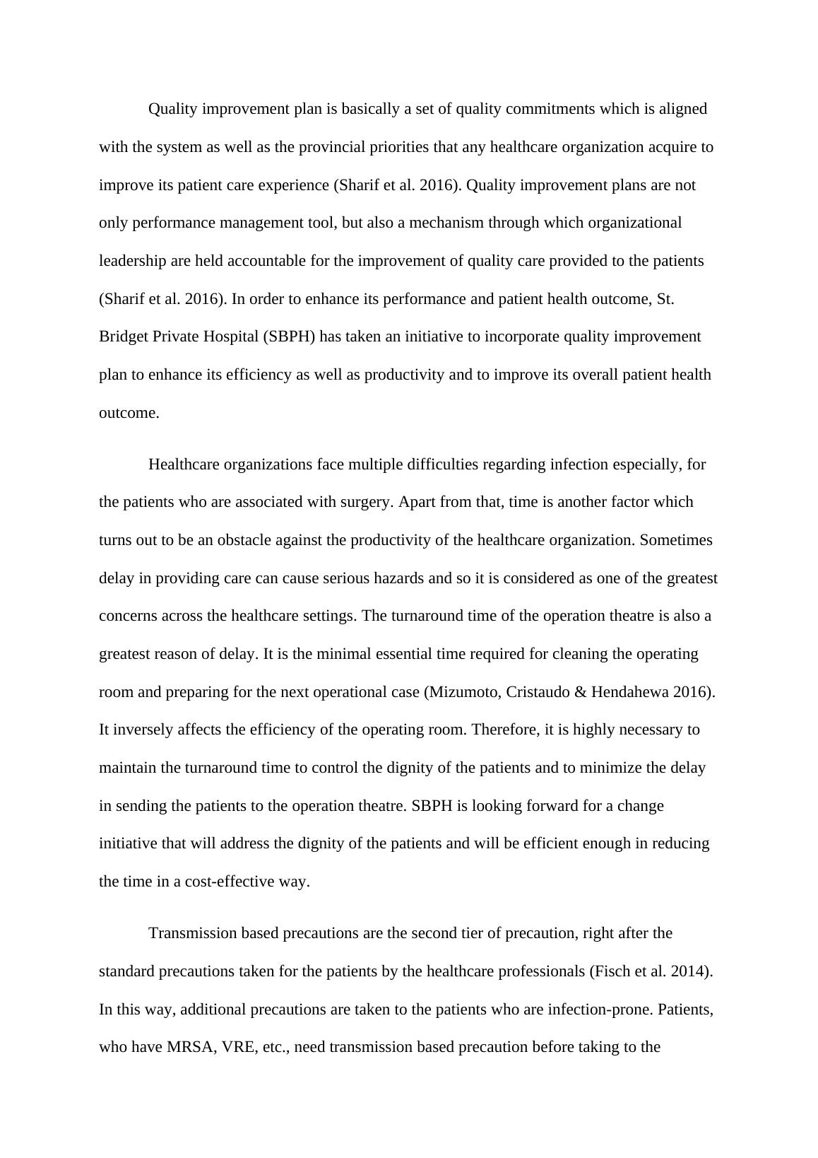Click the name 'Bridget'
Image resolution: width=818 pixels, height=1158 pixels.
[124, 337]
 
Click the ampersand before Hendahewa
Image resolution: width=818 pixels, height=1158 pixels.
[581, 692]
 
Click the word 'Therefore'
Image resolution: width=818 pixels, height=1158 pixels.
[503, 730]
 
